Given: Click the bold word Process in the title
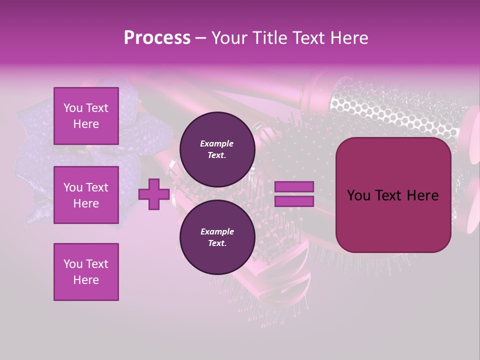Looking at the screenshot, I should (x=157, y=38).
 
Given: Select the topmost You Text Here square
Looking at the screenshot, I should (x=86, y=116).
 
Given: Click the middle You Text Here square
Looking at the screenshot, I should (x=86, y=195).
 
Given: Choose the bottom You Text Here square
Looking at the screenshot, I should (x=86, y=272).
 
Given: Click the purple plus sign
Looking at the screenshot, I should (x=153, y=194).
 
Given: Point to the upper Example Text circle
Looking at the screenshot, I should (x=217, y=149).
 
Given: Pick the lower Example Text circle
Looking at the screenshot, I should (x=217, y=237).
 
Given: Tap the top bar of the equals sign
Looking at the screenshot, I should (x=294, y=187).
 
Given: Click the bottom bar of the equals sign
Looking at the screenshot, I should (x=294, y=201).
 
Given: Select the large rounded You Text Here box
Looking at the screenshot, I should (x=393, y=195).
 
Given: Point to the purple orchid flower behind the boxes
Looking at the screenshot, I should (x=35, y=165).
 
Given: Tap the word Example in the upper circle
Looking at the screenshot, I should (x=217, y=143).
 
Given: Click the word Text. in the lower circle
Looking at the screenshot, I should (x=217, y=243).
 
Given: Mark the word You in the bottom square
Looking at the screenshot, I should (x=73, y=264).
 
